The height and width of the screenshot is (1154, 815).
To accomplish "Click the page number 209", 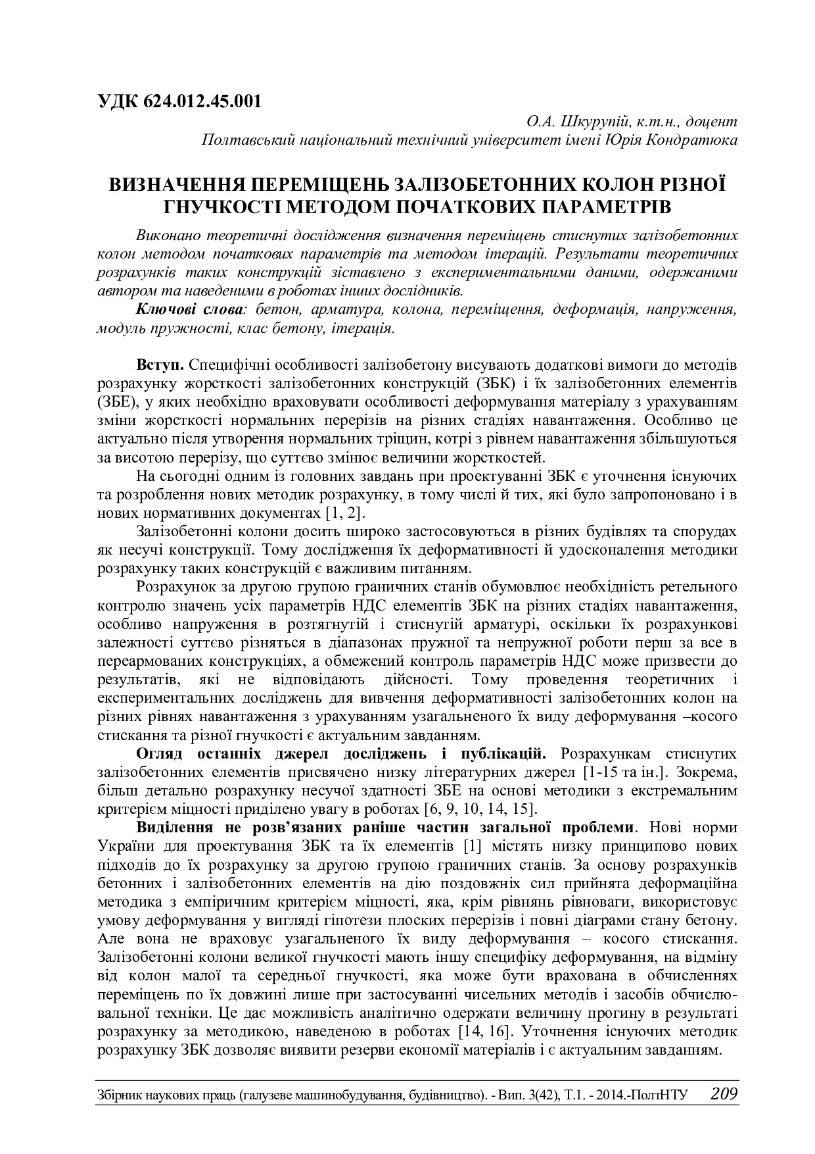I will pos(724,1094).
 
